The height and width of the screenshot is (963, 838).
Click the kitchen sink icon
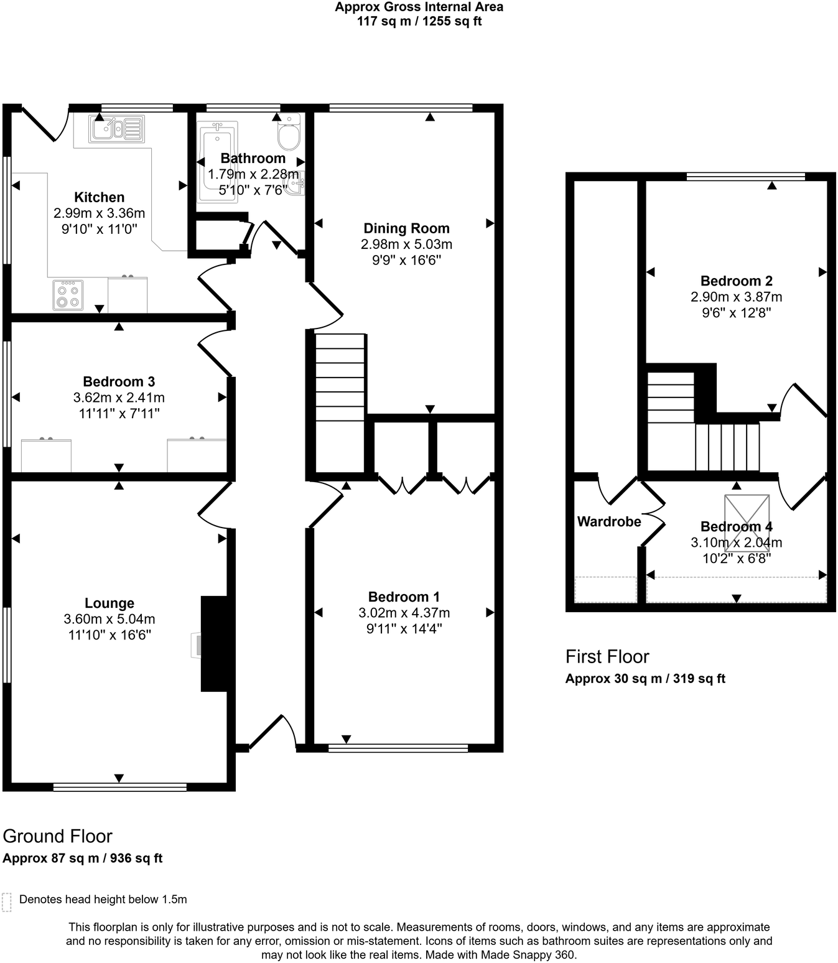116,129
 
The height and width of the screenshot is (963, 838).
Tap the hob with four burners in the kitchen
68,295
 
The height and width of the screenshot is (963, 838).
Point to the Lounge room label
109,603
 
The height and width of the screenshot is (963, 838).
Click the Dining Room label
406,228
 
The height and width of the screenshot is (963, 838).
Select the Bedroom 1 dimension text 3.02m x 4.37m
404,613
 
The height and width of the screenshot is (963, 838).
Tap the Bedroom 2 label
736,281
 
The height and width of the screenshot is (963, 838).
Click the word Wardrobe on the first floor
608,521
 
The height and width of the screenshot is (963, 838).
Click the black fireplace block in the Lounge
214,644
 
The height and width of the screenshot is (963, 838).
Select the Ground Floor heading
58,835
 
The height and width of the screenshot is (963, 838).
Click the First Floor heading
607,656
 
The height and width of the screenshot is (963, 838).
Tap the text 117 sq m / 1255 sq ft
419,21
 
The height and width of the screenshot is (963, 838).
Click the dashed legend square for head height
7,902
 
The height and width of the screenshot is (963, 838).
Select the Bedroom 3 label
119,381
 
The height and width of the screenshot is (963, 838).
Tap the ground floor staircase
340,401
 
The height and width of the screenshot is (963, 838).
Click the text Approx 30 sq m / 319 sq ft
645,679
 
